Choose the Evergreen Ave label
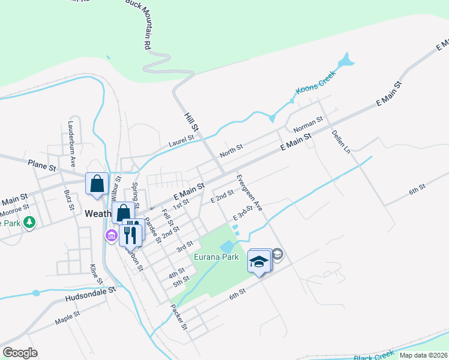coord(250,193)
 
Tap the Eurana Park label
coord(216,257)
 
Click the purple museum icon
coord(110,235)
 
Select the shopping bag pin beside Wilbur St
coord(97,184)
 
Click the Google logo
coord(20,353)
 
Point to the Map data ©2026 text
coord(423,355)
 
